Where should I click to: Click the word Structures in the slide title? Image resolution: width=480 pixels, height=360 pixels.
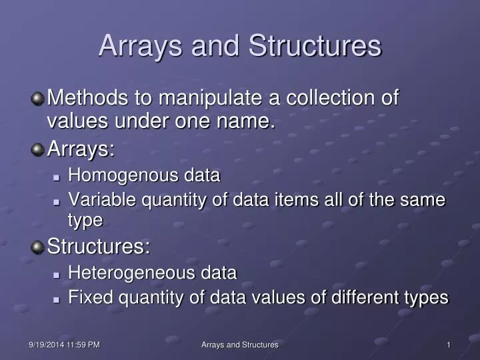click(315, 46)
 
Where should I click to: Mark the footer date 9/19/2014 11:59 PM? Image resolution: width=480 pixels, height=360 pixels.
click(65, 345)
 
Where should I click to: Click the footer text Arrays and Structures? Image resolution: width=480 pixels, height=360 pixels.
click(240, 345)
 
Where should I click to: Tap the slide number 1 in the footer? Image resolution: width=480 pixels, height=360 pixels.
click(449, 345)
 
